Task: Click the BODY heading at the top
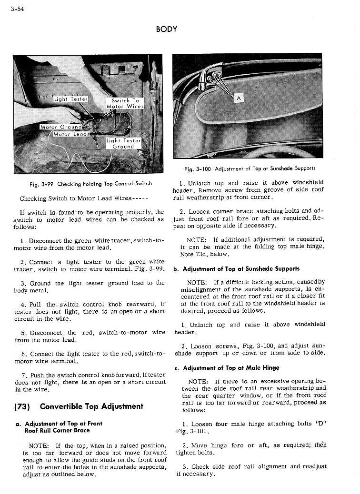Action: point(166,29)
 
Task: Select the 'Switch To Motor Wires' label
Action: point(125,103)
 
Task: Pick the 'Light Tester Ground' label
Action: point(123,143)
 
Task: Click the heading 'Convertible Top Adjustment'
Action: point(91,406)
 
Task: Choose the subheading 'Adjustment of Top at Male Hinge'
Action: point(231,368)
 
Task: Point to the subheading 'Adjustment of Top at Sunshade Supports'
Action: point(240,269)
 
